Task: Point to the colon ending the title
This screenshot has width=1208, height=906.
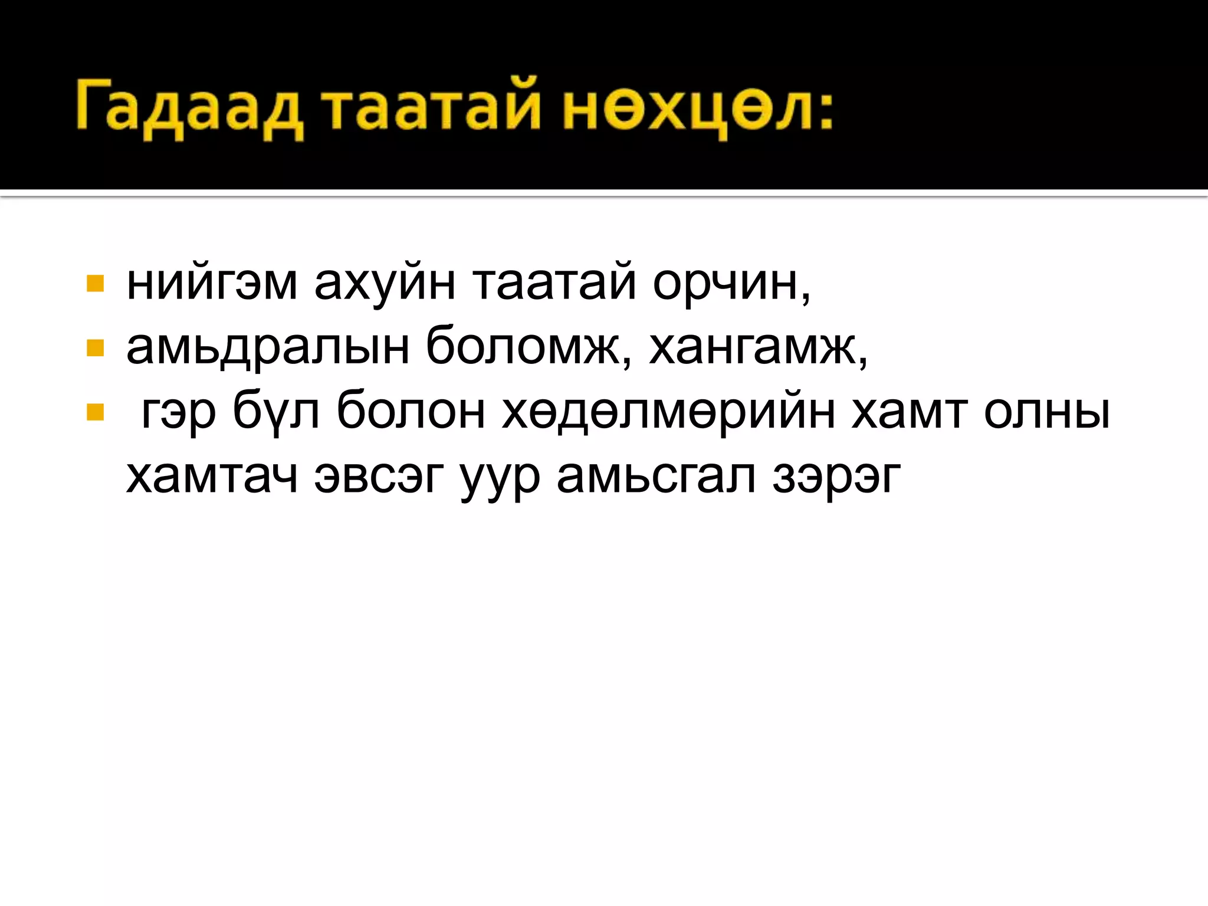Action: pos(824,112)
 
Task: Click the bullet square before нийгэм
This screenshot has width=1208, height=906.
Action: pos(95,284)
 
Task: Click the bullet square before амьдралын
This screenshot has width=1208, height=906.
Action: pos(95,348)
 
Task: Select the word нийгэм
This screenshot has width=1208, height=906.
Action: pos(212,284)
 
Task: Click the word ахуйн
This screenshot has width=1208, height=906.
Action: pos(385,284)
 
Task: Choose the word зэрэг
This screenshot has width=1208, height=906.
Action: pos(836,478)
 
